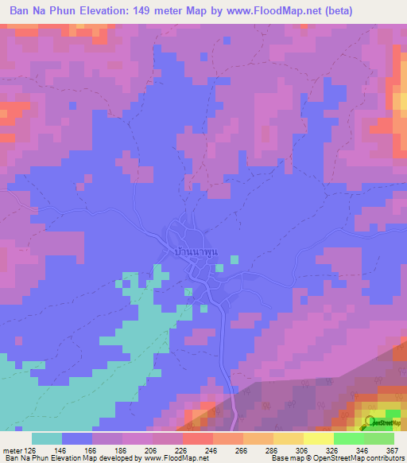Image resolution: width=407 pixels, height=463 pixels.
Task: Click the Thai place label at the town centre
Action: (x=195, y=252)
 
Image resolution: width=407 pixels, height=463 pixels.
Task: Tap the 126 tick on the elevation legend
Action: (x=31, y=450)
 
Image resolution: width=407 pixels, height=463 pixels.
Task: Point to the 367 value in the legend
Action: (x=391, y=450)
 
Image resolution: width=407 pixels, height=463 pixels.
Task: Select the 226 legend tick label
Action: (x=182, y=450)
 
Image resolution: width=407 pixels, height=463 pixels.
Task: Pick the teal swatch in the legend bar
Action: (x=47, y=438)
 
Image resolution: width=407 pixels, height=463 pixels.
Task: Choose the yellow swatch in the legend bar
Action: (x=288, y=438)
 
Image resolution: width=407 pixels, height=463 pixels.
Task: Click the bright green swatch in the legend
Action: (x=348, y=438)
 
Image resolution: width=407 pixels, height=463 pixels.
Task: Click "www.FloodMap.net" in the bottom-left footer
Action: (x=169, y=459)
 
